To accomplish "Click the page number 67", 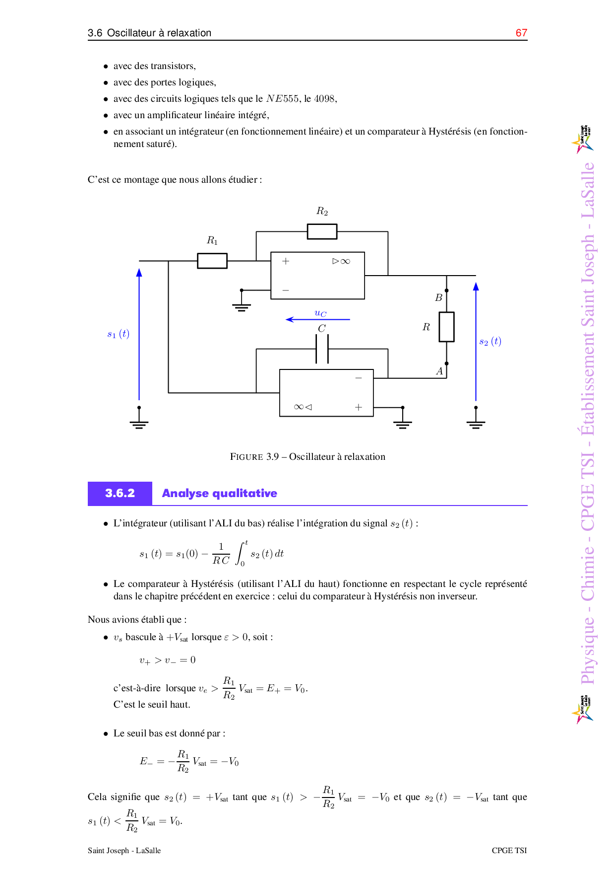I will [521, 33].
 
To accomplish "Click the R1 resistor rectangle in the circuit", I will [212, 261].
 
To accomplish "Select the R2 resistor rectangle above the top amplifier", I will [322, 231].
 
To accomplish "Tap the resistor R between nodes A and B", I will [446, 327].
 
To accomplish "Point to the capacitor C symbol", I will [322, 349].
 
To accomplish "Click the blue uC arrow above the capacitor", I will [318, 319].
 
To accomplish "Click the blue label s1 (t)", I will [118, 334].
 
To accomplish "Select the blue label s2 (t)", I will [490, 341].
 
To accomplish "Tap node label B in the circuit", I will [438, 298].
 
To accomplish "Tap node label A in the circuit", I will [439, 371].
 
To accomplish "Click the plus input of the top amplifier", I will [286, 261].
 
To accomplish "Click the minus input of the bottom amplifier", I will [359, 378].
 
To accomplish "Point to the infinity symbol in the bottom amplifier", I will [299, 407].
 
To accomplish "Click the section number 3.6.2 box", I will [120, 493].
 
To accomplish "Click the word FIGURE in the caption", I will [246, 456].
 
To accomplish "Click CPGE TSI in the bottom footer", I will [509, 850].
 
